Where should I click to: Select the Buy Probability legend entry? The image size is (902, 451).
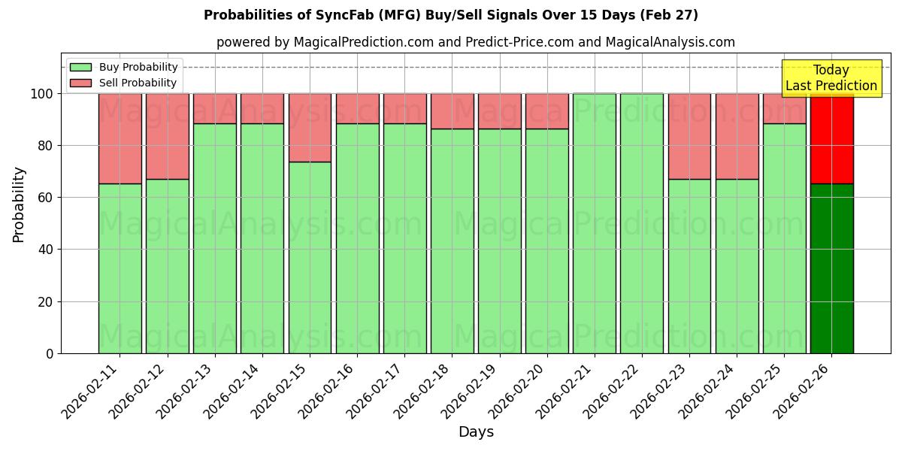[x=124, y=67]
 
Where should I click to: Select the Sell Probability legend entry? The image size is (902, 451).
[x=124, y=83]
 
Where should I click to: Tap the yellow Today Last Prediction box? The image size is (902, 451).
[x=831, y=78]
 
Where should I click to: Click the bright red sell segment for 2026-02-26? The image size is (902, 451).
[x=831, y=138]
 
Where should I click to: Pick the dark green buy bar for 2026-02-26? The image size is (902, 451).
[x=831, y=268]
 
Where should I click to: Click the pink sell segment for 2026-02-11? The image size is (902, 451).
[x=120, y=138]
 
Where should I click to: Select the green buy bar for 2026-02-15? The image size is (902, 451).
[x=310, y=257]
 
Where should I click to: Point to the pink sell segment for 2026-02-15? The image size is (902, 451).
[x=310, y=127]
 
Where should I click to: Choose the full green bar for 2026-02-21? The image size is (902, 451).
[x=594, y=223]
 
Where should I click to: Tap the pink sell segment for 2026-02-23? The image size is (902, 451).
[x=689, y=136]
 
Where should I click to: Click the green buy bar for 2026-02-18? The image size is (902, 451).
[x=453, y=241]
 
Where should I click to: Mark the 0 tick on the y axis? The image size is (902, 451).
[x=50, y=353]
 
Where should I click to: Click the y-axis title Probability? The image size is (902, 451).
[x=19, y=204]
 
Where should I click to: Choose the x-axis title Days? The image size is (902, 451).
[x=476, y=432]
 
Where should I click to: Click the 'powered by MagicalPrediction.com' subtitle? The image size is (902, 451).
[x=475, y=42]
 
